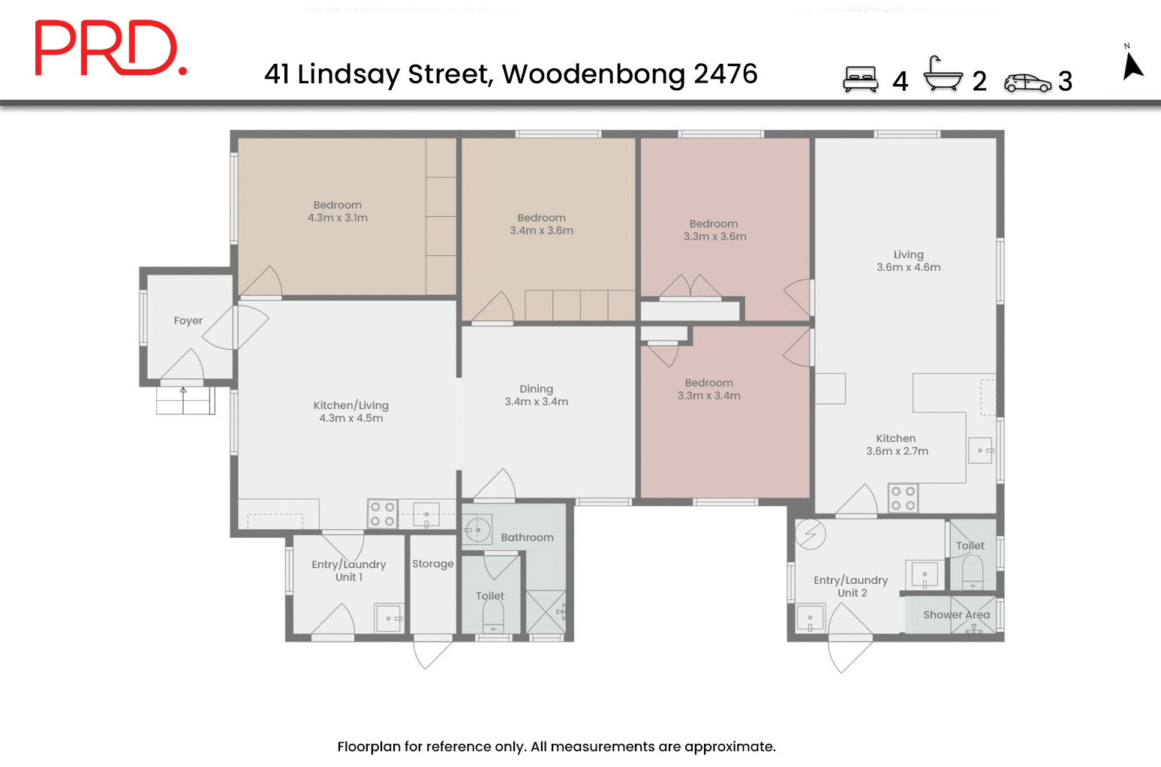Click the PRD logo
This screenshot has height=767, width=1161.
[110, 48]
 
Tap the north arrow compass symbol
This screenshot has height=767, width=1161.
[1132, 63]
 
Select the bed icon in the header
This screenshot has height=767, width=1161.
[860, 79]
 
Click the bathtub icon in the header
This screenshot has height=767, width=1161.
[942, 74]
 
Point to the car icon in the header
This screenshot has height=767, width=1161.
[1027, 83]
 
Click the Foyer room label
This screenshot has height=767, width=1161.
[188, 320]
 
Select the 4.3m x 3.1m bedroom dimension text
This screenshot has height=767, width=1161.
[337, 218]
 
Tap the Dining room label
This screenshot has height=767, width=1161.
[536, 389]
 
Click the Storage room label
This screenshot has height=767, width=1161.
[432, 564]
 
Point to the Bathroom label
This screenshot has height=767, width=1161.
[527, 537]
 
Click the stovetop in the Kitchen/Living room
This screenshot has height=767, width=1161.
[382, 514]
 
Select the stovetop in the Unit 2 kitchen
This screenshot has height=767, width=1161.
[902, 498]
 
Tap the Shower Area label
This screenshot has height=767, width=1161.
[955, 615]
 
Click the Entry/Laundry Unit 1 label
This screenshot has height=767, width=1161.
[348, 570]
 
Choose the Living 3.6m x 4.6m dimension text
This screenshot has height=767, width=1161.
[908, 267]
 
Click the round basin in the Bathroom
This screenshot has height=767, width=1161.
[477, 530]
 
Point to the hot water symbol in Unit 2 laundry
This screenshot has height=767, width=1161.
[811, 534]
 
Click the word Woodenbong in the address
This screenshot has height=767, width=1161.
[593, 74]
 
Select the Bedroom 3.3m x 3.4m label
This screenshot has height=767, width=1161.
[708, 389]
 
